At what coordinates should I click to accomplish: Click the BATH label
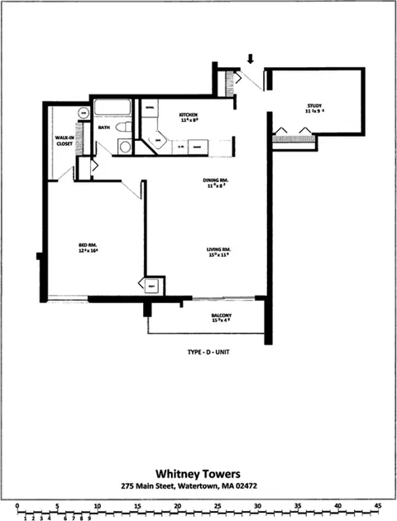coord(104,128)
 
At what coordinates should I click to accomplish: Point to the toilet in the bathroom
coord(122,128)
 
